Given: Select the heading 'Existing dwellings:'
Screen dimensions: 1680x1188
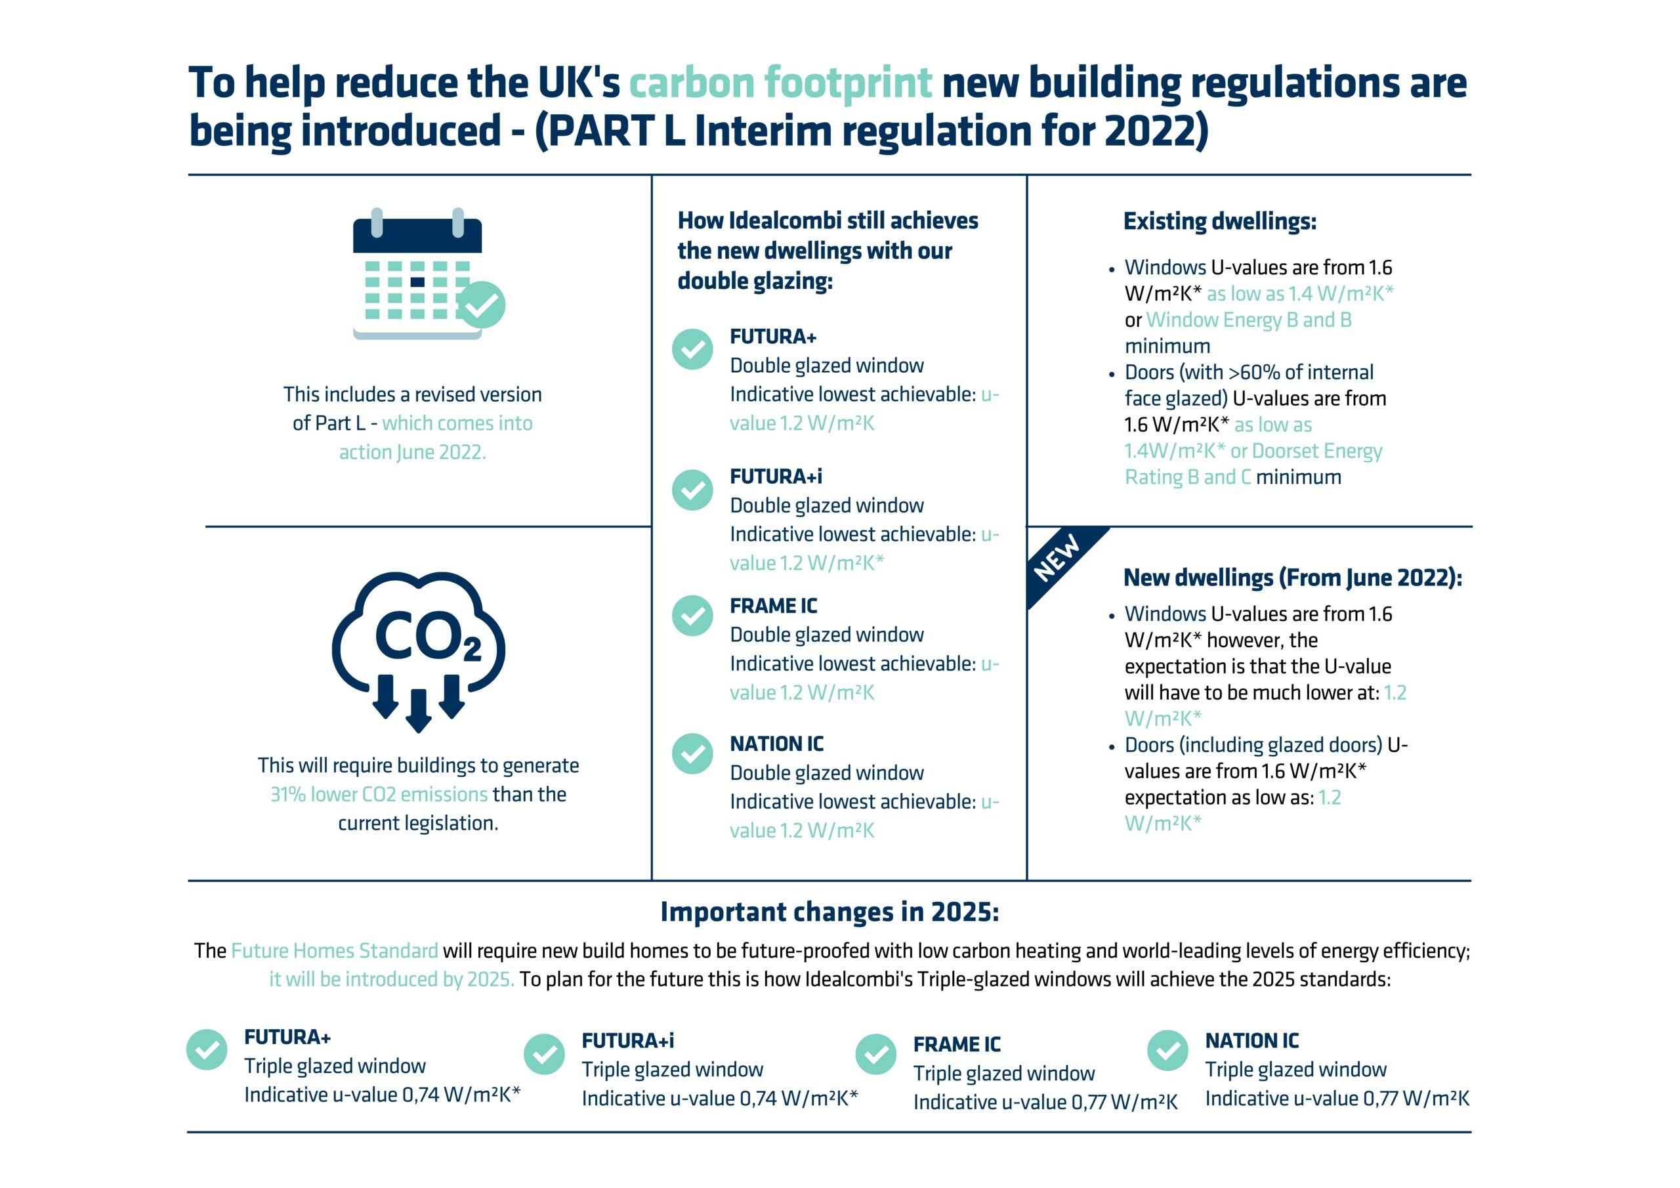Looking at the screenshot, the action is pos(1219,221).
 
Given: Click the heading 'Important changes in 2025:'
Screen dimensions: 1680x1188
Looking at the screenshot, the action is pos(829,912).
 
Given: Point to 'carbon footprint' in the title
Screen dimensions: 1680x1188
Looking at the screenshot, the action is pos(780,82).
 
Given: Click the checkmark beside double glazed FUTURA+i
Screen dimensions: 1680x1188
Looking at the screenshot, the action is pos(692,490).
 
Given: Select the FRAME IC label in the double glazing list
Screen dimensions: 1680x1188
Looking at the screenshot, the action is pos(774,606).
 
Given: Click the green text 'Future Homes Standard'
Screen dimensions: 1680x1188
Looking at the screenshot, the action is pos(335,951).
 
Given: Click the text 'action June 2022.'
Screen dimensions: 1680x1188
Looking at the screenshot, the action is pos(412,452).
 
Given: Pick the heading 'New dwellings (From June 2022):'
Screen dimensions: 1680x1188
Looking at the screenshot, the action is pos(1293,578).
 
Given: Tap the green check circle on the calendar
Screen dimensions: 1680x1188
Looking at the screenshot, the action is pos(482,305).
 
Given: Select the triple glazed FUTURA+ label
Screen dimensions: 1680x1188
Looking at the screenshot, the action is pos(287,1037).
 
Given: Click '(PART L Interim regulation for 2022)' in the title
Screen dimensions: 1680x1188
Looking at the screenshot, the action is pos(871,131).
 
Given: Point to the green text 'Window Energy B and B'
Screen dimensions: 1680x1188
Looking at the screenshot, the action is pos(1248,320).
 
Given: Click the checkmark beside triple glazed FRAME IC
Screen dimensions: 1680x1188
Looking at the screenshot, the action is pos(876,1054).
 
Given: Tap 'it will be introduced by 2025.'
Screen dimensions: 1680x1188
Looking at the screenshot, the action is pos(392,979).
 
